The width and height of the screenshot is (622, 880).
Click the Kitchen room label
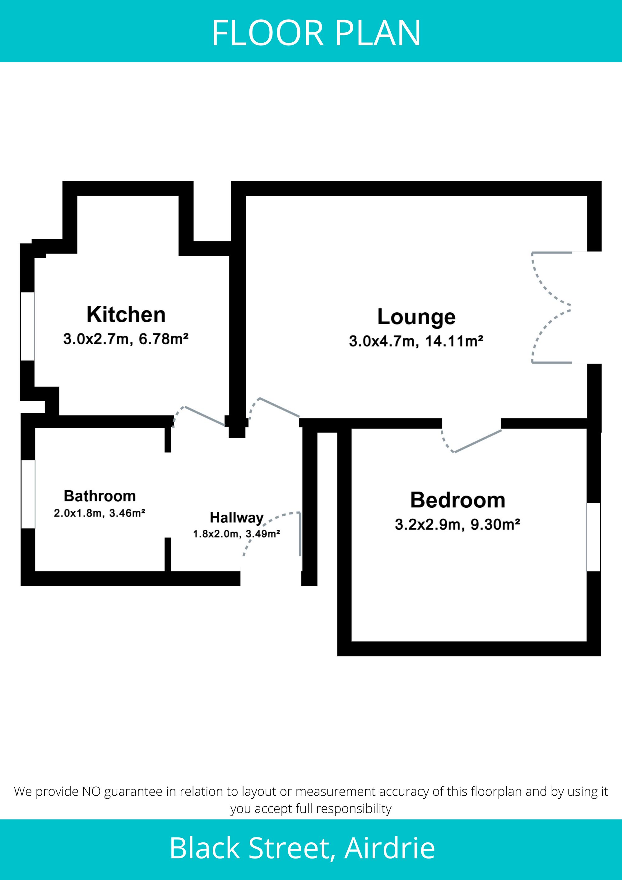pos(126,315)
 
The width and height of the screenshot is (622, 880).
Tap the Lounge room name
pos(416,317)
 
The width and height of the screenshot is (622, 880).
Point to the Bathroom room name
pos(100,496)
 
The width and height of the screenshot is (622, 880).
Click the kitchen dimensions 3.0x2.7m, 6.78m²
pos(126,339)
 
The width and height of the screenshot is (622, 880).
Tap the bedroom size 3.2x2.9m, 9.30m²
pos(457,524)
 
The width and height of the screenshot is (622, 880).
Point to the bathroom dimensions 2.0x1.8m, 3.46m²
pos(99,513)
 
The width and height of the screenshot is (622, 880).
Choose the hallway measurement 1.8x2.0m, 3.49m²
pos(236,533)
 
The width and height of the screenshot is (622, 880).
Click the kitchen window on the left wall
pos(28,326)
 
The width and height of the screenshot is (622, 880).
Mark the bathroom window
pos(28,494)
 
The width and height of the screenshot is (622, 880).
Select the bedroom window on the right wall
pos(594,537)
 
